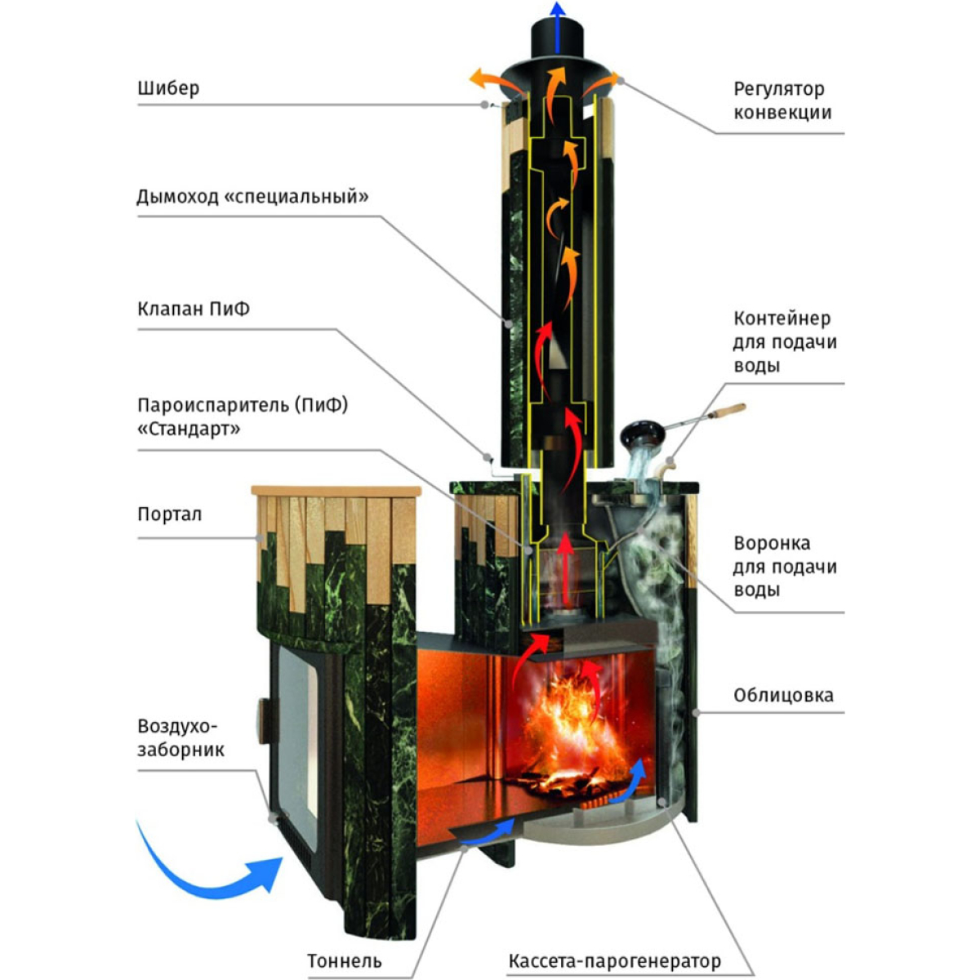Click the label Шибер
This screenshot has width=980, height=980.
coord(168,88)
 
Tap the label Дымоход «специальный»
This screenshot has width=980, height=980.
coord(252,196)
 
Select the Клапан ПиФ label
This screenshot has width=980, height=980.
coord(194,309)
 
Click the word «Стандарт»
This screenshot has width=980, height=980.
coord(189,430)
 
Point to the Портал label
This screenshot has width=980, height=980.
coord(169,514)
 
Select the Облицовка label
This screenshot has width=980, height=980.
coord(783,695)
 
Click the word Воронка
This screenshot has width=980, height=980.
coord(772,543)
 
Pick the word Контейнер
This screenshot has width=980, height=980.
coord(782,318)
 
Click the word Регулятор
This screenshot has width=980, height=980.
coord(778,89)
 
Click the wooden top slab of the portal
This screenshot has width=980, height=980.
coord(336,490)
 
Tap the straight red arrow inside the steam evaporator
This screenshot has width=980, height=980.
coord(564,568)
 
